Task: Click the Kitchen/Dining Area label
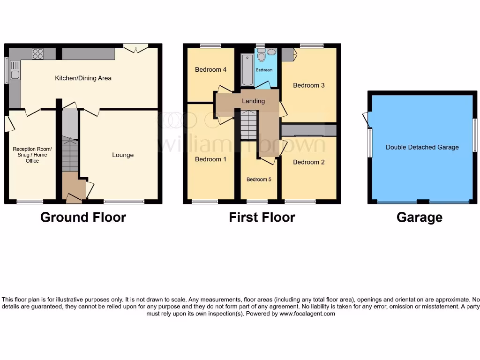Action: [83, 78]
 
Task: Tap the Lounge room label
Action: [123, 155]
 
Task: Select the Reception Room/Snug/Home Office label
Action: [32, 155]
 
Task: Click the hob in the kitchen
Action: [37, 54]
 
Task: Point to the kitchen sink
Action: [15, 74]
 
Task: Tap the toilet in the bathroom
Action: [262, 57]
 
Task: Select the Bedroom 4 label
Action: [211, 70]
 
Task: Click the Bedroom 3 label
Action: [309, 85]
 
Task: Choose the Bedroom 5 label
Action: [259, 180]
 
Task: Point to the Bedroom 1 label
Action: [211, 159]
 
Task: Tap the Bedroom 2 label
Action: [309, 162]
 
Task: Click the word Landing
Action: [253, 101]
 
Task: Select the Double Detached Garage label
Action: [422, 147]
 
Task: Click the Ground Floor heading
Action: [83, 217]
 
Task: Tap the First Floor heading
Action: [262, 217]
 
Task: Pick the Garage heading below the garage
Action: [419, 217]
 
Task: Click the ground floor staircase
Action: [70, 155]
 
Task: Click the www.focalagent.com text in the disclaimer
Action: [307, 314]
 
